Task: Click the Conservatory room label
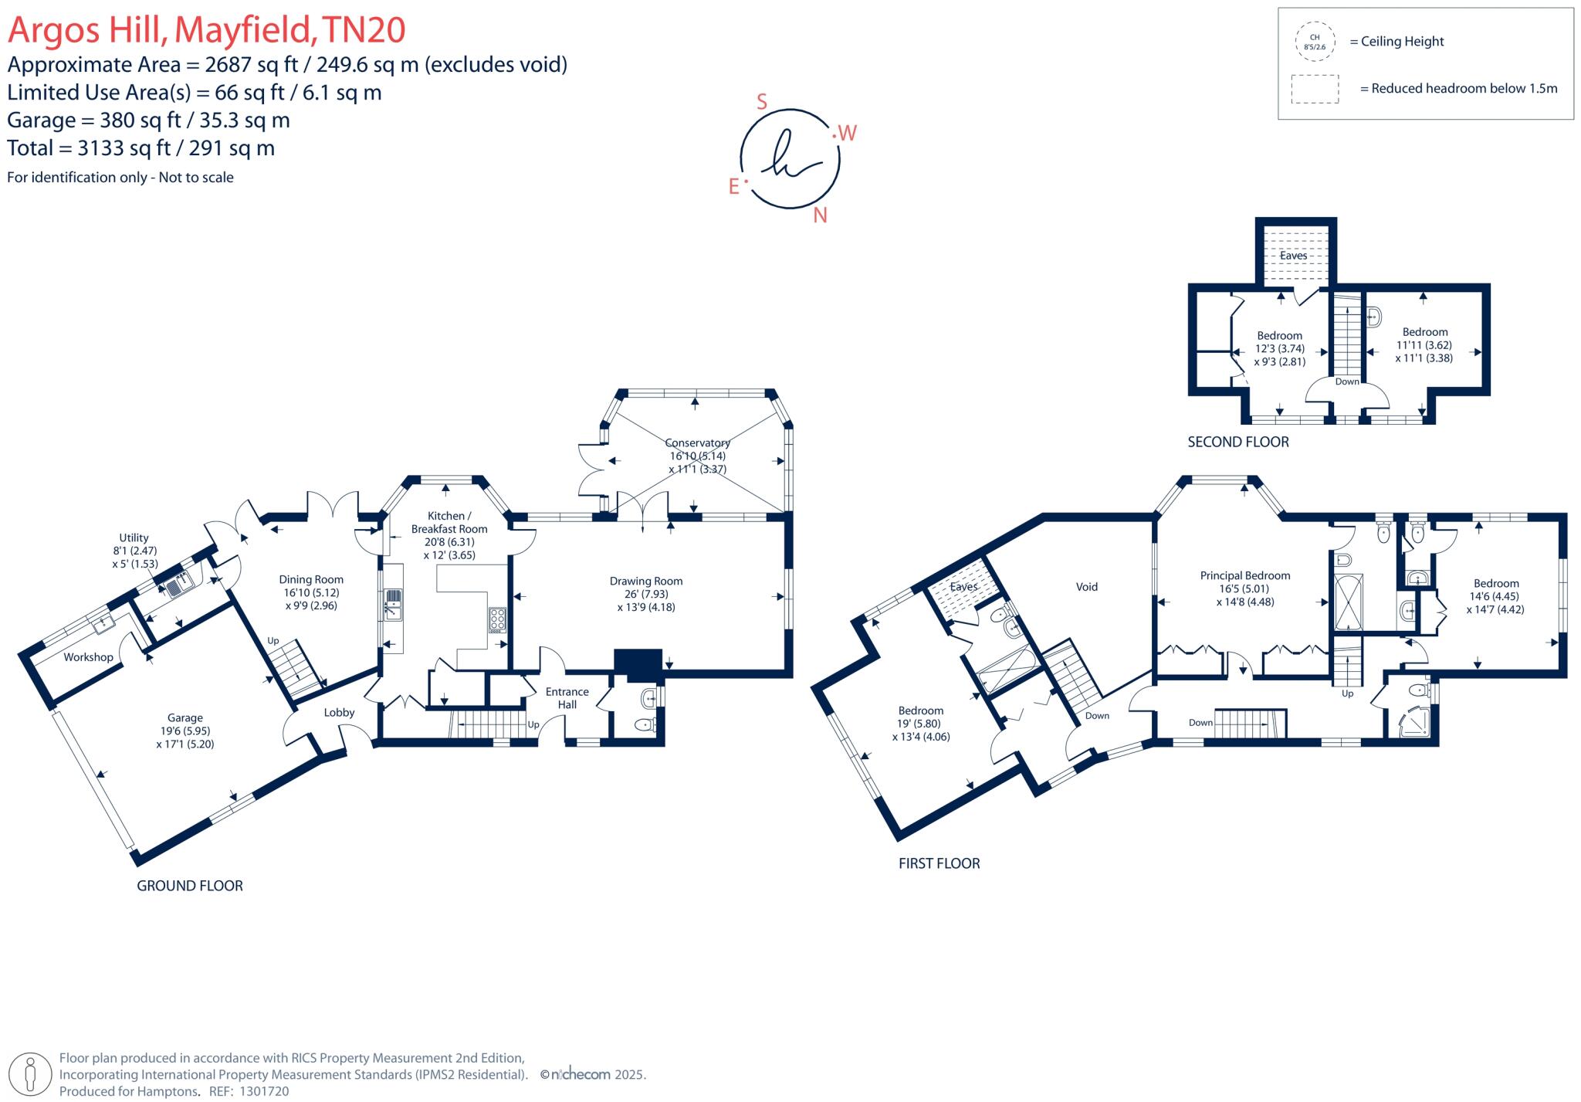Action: coord(697,443)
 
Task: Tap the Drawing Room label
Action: coord(645,582)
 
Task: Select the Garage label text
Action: coord(185,717)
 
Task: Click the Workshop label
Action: coord(88,657)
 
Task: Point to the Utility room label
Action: coord(134,538)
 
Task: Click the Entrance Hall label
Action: coord(567,698)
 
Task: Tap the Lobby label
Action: coord(339,712)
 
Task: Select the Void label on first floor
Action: coord(1086,587)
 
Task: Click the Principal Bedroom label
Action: coord(1244,575)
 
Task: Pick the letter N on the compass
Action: coord(820,215)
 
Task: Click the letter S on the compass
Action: coord(762,102)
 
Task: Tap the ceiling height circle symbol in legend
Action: coord(1314,42)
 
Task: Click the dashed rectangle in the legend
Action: coord(1314,89)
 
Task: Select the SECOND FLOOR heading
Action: coord(1237,442)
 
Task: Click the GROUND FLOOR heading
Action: coord(190,886)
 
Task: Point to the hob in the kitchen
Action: coord(497,621)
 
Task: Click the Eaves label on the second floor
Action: coord(1293,256)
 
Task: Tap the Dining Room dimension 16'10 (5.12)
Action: coord(311,592)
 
